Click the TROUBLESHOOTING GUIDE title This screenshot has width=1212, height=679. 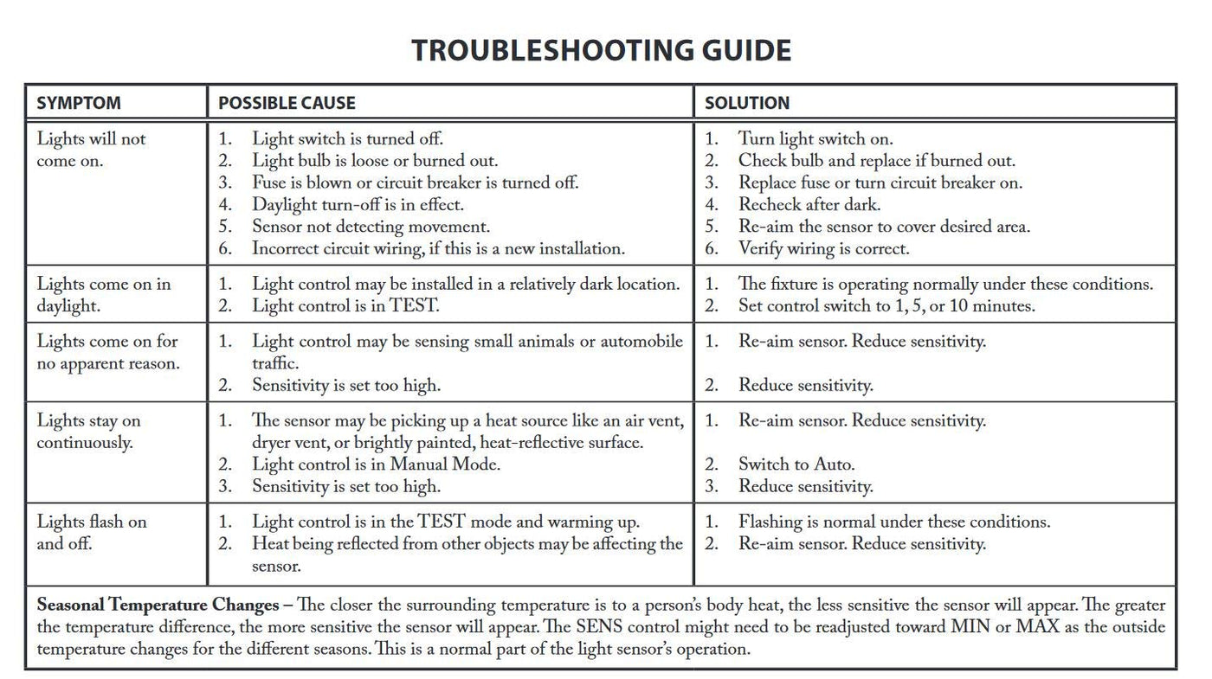click(x=601, y=50)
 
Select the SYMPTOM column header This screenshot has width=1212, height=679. click(x=79, y=103)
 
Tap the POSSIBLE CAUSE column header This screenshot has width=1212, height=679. click(x=287, y=103)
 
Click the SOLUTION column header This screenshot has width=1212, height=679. click(x=747, y=103)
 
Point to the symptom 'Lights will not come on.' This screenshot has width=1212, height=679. click(x=91, y=150)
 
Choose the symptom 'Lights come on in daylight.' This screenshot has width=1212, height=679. click(x=103, y=295)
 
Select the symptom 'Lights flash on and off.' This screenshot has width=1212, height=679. click(x=91, y=533)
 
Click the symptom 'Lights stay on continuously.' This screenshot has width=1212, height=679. click(x=87, y=432)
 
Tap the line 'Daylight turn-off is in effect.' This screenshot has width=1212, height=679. click(x=358, y=205)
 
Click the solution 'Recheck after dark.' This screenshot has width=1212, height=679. click(x=809, y=205)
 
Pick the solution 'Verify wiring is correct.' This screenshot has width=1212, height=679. click(x=823, y=249)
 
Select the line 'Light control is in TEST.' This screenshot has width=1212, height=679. click(x=345, y=306)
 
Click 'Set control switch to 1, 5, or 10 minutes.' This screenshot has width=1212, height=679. click(x=886, y=306)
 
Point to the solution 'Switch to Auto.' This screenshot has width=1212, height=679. click(x=796, y=464)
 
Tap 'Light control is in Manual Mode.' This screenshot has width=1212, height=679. click(x=376, y=464)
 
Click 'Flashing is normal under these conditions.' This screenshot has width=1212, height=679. click(x=893, y=522)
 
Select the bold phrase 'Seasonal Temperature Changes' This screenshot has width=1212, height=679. click(x=158, y=605)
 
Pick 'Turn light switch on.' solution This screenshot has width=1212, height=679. click(x=815, y=139)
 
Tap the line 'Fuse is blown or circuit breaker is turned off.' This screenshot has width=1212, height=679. click(x=415, y=183)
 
